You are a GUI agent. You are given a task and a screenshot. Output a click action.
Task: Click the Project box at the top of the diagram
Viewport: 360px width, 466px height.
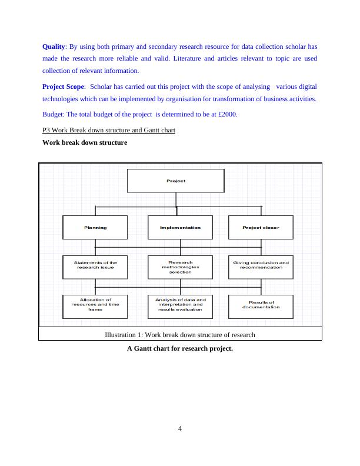(x=175, y=181)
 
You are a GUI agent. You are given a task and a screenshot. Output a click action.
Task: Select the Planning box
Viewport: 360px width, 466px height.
(x=95, y=227)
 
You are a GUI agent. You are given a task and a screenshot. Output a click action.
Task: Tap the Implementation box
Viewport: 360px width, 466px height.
(x=180, y=227)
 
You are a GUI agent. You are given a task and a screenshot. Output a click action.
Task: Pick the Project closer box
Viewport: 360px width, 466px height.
(x=261, y=227)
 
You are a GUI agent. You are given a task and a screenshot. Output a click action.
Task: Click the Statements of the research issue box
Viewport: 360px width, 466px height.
(x=95, y=267)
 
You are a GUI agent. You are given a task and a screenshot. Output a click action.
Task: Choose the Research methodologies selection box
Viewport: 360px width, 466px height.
(x=180, y=267)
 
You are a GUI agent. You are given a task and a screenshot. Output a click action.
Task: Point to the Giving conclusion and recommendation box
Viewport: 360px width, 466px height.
(x=261, y=267)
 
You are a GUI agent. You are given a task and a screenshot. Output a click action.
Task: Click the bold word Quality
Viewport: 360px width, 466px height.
(x=54, y=46)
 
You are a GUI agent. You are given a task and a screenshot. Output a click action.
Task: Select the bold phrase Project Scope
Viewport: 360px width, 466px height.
(x=64, y=86)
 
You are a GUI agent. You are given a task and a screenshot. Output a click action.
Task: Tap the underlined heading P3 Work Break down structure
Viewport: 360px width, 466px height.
(x=109, y=129)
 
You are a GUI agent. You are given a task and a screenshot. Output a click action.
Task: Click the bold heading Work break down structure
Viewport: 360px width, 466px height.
(x=85, y=142)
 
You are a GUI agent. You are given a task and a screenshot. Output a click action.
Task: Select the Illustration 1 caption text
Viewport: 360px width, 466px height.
(x=179, y=335)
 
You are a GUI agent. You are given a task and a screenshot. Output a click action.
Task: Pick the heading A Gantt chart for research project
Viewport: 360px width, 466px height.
(x=180, y=348)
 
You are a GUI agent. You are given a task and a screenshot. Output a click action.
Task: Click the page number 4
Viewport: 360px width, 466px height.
(x=180, y=428)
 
